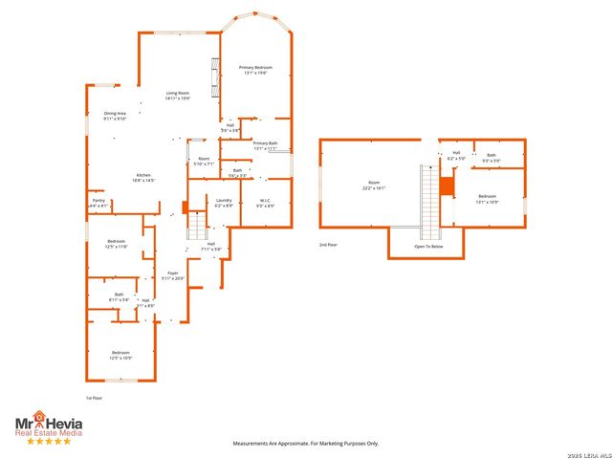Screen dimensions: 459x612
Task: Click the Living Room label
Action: tap(178, 95)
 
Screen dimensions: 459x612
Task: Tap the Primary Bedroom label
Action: tap(255, 70)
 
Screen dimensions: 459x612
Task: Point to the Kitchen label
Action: tap(143, 177)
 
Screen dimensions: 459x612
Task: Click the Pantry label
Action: tap(99, 203)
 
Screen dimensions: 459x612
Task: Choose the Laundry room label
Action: tap(224, 203)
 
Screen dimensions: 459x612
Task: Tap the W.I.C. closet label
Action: tap(265, 203)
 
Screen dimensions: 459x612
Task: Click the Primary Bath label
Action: tap(265, 145)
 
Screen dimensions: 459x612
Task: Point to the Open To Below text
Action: tap(427, 246)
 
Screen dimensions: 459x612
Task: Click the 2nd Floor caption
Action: tap(328, 245)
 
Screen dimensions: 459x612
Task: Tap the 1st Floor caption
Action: tap(95, 397)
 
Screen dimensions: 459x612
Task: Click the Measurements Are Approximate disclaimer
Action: tap(307, 443)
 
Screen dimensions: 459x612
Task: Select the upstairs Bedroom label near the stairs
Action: tap(488, 198)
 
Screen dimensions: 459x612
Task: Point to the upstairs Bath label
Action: tap(492, 157)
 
